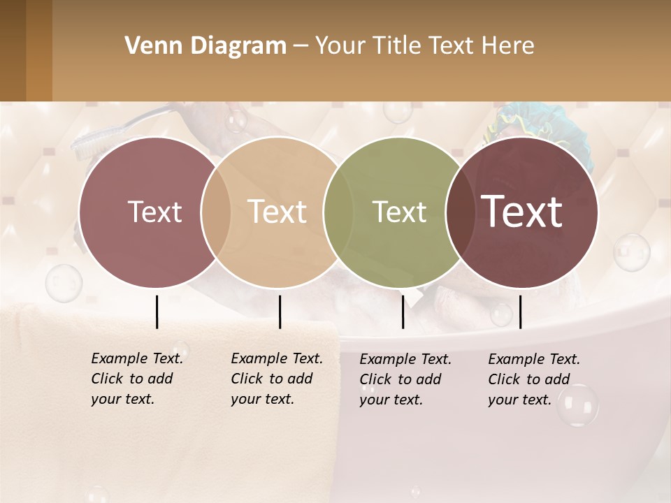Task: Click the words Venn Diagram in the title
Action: tap(205, 46)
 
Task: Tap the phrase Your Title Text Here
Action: tap(424, 46)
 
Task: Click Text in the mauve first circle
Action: tap(154, 212)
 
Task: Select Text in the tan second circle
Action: tap(277, 212)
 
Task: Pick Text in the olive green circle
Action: tap(399, 212)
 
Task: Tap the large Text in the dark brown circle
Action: tap(522, 211)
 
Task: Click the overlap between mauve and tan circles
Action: tap(216, 212)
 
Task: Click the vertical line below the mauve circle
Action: tap(157, 312)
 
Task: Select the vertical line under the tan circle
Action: tap(280, 312)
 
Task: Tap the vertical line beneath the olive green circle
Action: tap(403, 312)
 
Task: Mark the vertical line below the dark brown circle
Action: tap(521, 312)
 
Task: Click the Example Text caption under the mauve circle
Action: tap(136, 379)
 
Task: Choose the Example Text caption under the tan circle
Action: tap(276, 379)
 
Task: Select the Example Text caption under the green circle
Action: tap(405, 379)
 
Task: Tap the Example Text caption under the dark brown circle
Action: tap(533, 379)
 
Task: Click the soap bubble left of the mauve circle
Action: tap(64, 283)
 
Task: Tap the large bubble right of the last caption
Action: tap(577, 404)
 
